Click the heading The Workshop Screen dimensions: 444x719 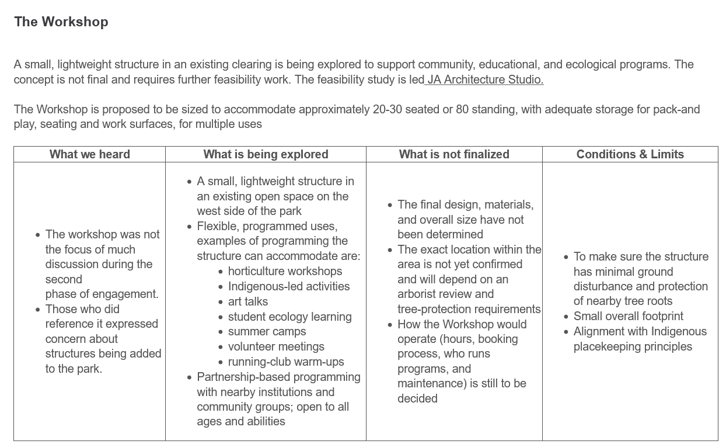point(61,22)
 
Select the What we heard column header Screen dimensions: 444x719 point(89,154)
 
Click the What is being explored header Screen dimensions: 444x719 point(266,154)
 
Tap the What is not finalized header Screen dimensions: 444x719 point(454,154)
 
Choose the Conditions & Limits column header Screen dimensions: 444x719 point(630,154)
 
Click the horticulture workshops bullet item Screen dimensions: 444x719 point(285,271)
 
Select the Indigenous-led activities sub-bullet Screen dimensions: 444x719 point(289,286)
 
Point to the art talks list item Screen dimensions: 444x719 point(248,301)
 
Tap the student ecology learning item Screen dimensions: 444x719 point(289,317)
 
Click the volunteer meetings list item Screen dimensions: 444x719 point(276,346)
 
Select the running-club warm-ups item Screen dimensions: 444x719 point(286,362)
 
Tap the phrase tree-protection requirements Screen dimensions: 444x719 point(469,309)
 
